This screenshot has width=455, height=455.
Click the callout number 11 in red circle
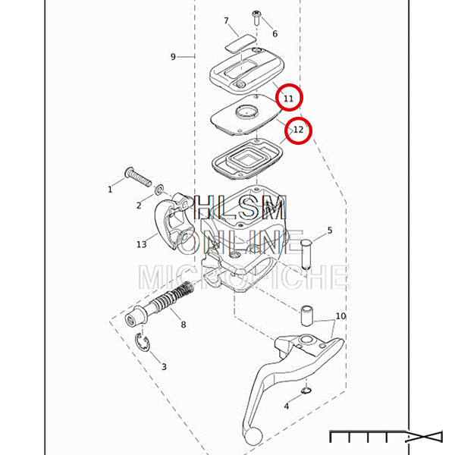(288, 99)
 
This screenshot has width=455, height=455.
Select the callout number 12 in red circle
(298, 130)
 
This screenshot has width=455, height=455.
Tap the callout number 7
(226, 21)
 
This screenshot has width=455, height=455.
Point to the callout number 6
(275, 34)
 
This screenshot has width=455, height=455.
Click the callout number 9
(173, 57)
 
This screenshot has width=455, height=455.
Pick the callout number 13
(142, 244)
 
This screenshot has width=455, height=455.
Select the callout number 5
(330, 231)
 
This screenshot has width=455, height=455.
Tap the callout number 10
(340, 315)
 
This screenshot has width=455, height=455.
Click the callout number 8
(183, 325)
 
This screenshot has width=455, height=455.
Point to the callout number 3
(164, 367)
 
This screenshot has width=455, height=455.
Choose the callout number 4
(287, 406)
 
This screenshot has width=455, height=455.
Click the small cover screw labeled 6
(256, 17)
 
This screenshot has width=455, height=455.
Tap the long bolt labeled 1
(138, 176)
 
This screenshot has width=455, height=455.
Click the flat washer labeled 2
(159, 190)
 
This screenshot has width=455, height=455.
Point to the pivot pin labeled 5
(306, 254)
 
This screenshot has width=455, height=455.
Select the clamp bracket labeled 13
(172, 221)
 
